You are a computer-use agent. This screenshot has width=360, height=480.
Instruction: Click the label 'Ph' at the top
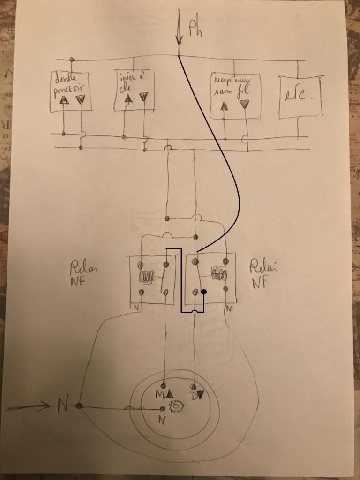(196, 29)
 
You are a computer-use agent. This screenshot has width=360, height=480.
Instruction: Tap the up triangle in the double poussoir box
(64, 100)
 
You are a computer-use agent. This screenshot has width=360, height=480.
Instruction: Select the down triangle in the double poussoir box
(80, 99)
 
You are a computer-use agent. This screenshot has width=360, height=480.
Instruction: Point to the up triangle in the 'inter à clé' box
(127, 98)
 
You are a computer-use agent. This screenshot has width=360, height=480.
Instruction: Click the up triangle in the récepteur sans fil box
(224, 105)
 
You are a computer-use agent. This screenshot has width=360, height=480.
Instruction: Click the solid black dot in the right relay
(204, 292)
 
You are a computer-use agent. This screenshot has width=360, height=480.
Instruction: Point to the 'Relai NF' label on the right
(263, 274)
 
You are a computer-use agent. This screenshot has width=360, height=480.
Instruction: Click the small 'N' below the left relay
(136, 308)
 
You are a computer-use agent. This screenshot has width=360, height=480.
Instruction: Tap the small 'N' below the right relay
(228, 309)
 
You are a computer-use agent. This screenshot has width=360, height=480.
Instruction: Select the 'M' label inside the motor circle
(160, 394)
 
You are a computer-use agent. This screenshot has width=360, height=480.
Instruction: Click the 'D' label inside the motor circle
(193, 395)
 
